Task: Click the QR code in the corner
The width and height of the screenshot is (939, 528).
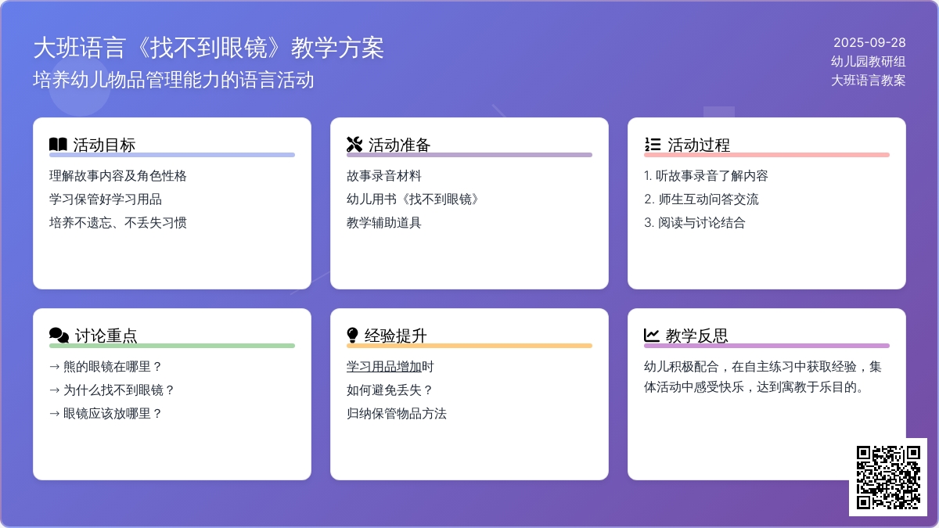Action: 888,477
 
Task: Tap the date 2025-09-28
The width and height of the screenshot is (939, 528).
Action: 869,43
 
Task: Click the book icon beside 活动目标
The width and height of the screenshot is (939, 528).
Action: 58,145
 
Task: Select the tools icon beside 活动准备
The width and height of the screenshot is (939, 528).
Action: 354,145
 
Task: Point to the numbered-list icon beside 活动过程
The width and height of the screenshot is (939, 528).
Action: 653,145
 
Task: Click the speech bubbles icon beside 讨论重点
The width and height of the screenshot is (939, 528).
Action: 59,336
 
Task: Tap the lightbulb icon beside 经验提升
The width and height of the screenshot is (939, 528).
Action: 353,336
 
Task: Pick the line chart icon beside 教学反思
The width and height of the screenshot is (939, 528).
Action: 651,336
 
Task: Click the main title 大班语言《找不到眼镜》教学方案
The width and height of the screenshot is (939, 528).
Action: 208,48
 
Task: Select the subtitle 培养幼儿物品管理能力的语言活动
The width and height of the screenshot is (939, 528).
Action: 173,80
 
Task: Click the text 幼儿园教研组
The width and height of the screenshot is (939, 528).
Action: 868,62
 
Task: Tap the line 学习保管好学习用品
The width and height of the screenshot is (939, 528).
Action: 105,199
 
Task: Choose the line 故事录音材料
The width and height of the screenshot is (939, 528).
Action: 383,175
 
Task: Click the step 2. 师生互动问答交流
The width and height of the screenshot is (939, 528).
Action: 701,199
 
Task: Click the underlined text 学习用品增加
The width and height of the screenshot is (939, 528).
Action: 383,367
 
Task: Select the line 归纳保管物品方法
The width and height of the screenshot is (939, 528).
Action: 397,414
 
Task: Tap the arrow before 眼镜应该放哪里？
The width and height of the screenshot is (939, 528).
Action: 55,414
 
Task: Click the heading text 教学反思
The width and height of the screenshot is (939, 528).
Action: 696,336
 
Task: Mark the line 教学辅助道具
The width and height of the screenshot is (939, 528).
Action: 383,222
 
